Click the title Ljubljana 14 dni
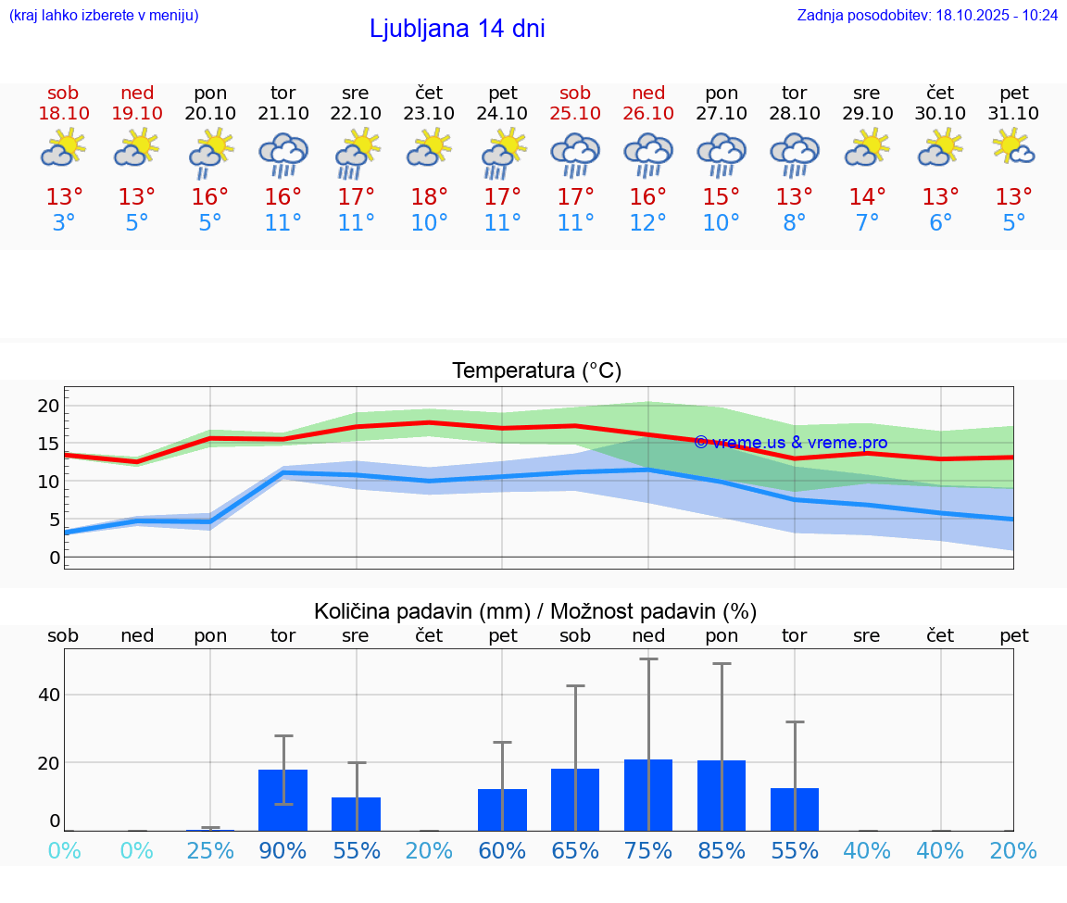click(457, 29)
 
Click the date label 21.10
click(282, 114)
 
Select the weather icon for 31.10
click(1013, 148)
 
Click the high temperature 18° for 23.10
click(429, 197)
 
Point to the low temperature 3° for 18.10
click(63, 223)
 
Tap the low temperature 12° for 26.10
click(648, 223)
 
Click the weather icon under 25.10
click(575, 153)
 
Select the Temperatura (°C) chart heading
click(536, 371)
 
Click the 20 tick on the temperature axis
click(48, 406)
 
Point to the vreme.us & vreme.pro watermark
click(790, 443)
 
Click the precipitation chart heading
click(535, 611)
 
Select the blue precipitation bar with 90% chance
click(282, 800)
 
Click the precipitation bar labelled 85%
click(722, 796)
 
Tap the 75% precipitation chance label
click(648, 851)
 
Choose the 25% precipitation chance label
click(210, 851)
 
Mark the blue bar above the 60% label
click(502, 809)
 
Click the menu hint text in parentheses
click(104, 16)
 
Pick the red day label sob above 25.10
click(575, 94)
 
